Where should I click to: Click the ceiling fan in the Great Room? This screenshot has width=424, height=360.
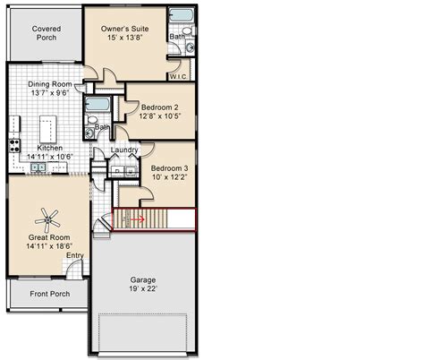[47, 220]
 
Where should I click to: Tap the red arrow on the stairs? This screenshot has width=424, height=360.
[138, 219]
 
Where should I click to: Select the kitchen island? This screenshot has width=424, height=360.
[48, 130]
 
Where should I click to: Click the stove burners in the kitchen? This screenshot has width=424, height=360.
[14, 146]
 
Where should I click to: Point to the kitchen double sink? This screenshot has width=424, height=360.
[38, 167]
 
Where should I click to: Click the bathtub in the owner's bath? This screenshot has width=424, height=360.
[181, 15]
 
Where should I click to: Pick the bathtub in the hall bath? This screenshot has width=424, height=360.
[98, 105]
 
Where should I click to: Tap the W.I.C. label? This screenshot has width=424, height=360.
[178, 76]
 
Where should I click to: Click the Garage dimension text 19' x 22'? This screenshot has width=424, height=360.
[143, 288]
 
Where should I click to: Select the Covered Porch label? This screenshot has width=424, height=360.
[47, 33]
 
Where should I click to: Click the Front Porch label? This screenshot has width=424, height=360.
[50, 294]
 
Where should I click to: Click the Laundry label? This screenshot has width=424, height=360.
[124, 150]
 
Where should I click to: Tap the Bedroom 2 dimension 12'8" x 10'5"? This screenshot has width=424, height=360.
[160, 116]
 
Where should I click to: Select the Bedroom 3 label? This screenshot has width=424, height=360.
[169, 168]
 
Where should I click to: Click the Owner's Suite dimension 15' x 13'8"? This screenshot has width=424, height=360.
[125, 38]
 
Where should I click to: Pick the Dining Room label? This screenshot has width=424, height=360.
[50, 84]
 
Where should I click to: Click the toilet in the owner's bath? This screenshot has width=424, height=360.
[189, 30]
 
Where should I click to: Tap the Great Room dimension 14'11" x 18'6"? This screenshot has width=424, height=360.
[49, 246]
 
